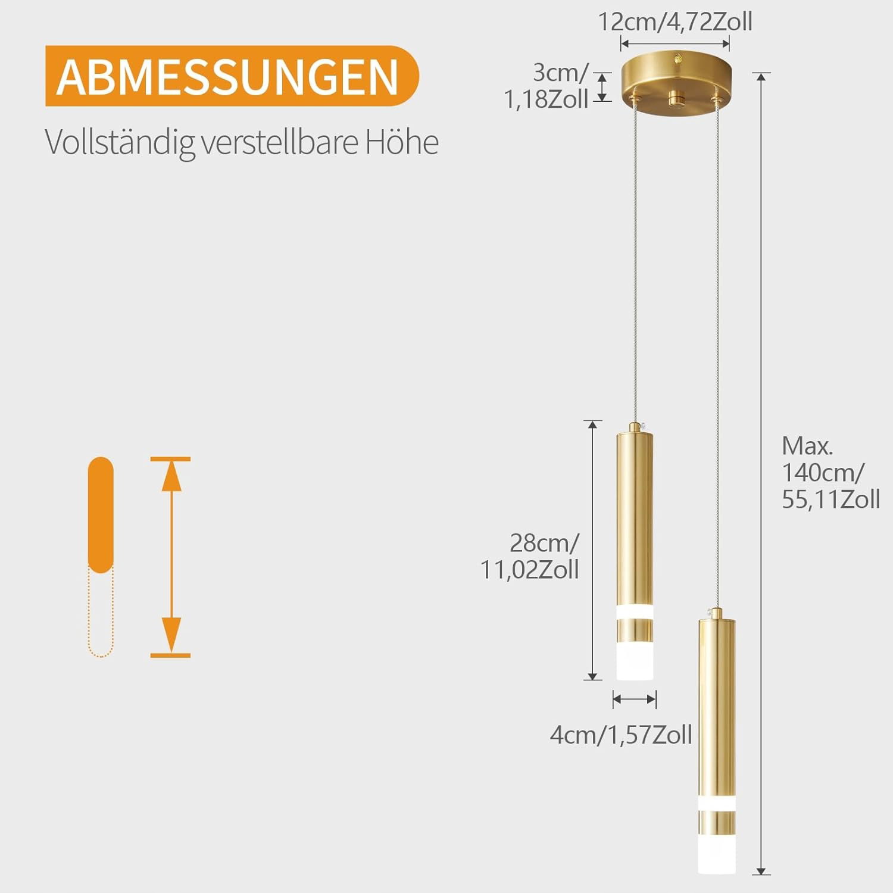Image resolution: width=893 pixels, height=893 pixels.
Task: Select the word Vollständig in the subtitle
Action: pos(120,143)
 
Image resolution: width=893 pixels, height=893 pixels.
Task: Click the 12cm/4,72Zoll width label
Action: pos(675,23)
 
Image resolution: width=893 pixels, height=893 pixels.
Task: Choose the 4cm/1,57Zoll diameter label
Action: pos(621,735)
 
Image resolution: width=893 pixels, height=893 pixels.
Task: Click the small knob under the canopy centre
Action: pos(675,99)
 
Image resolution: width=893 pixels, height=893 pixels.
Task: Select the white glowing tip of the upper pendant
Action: pos(635,661)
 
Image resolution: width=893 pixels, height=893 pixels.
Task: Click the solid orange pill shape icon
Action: pos(101,515)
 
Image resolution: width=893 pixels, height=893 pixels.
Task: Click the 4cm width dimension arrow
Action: pos(635,700)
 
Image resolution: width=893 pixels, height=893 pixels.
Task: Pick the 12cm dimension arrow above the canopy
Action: pos(675,43)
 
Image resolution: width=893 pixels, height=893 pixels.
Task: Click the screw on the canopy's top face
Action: pos(678,59)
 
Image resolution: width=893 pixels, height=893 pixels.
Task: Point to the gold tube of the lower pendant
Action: pos(717,714)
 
